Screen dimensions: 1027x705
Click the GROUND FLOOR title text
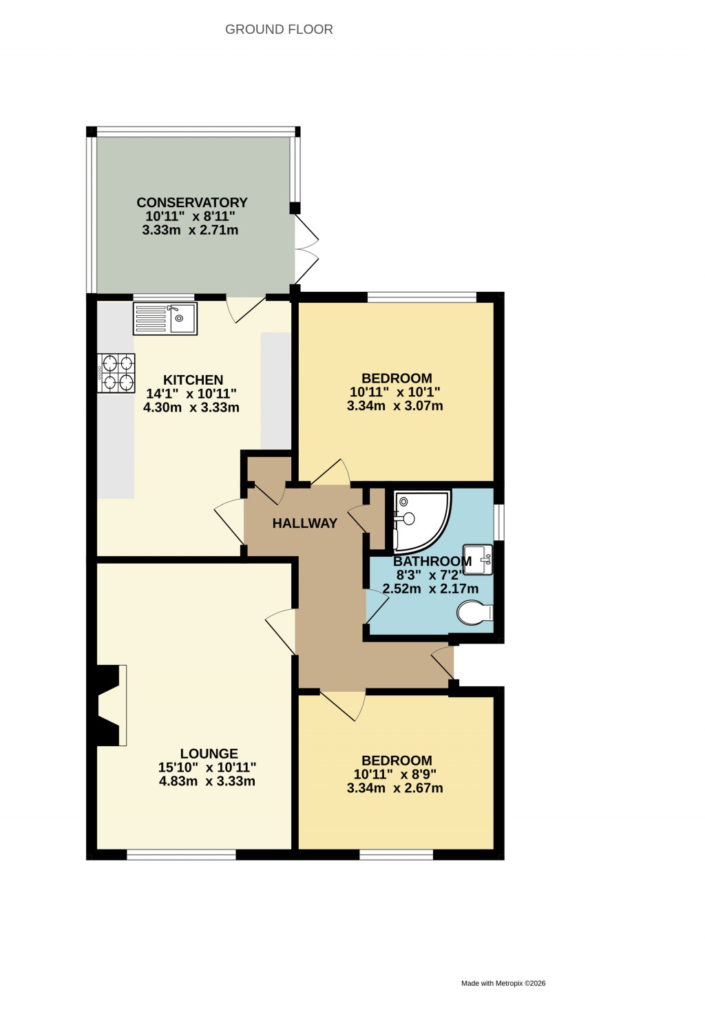pyautogui.click(x=279, y=30)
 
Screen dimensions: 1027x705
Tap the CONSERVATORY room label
pyautogui.click(x=192, y=202)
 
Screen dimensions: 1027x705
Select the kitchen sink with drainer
pyautogui.click(x=165, y=319)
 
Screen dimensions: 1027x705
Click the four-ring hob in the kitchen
pyautogui.click(x=117, y=372)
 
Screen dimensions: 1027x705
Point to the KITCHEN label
pyautogui.click(x=193, y=380)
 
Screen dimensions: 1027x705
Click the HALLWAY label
pyautogui.click(x=304, y=523)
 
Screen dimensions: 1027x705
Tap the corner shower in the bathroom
pyautogui.click(x=419, y=520)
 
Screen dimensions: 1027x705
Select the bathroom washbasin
pyautogui.click(x=478, y=558)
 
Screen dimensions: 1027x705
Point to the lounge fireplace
pyautogui.click(x=110, y=705)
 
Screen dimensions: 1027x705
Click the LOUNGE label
pyautogui.click(x=209, y=754)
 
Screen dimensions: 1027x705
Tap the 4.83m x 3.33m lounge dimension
pyautogui.click(x=207, y=781)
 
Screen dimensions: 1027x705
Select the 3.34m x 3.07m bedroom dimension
pyautogui.click(x=394, y=406)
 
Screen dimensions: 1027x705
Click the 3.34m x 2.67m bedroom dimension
pyautogui.click(x=394, y=788)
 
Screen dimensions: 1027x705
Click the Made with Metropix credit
pyautogui.click(x=503, y=984)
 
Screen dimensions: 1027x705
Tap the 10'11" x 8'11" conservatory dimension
pyautogui.click(x=190, y=216)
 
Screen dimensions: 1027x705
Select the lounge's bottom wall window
pyautogui.click(x=182, y=855)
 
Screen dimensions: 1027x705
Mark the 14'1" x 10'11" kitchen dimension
pyautogui.click(x=191, y=394)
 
